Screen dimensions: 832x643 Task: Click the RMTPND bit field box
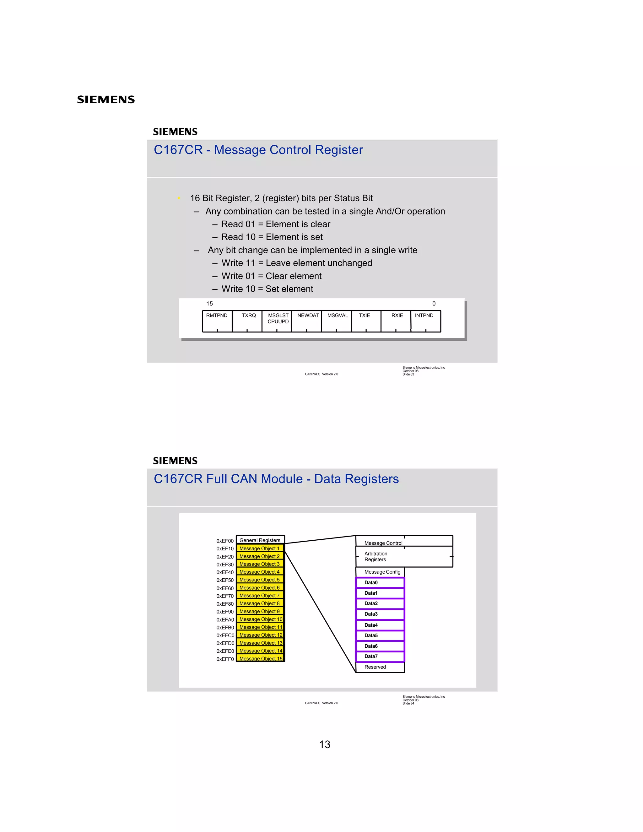coord(217,321)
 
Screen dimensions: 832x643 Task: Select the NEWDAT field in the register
coord(307,321)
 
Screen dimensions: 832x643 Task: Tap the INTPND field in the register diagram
coord(425,321)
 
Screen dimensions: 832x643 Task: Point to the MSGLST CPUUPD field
coord(277,321)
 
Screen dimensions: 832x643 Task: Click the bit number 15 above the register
coord(209,304)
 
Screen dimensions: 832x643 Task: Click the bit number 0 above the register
coord(434,304)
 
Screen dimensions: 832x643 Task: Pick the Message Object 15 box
coord(261,658)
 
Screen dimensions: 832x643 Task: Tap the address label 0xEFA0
coord(225,619)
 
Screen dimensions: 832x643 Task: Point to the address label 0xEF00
coord(225,541)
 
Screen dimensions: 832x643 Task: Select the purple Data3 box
coord(380,614)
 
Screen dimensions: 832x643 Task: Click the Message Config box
coord(380,572)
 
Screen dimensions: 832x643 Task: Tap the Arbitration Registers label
coord(376,557)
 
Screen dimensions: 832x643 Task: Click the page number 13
coord(325,744)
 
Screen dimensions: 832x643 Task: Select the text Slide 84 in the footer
coord(408,703)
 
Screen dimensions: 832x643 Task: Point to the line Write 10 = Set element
coord(267,289)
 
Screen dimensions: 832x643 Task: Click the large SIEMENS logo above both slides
coord(106,100)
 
